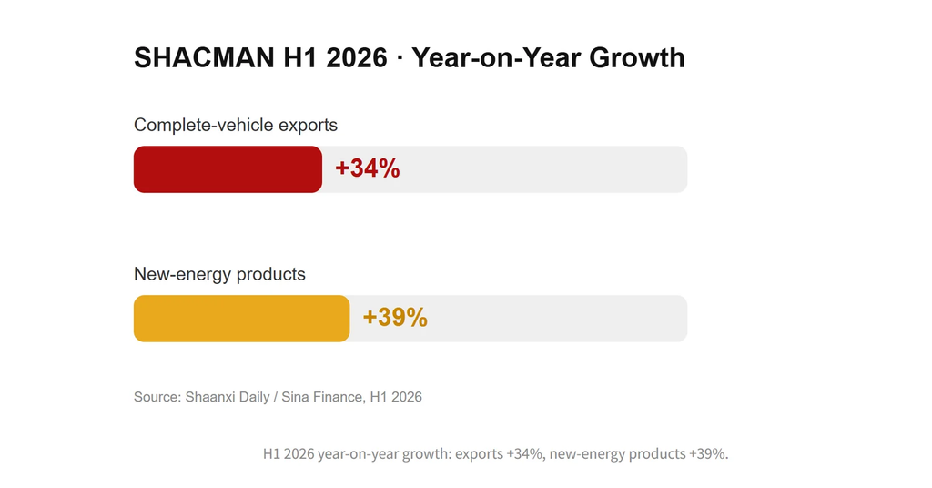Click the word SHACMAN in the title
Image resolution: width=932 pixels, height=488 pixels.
coord(205,58)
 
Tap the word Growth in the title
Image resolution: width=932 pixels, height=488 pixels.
coord(637,58)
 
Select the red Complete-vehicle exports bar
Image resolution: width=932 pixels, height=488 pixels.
coord(228,169)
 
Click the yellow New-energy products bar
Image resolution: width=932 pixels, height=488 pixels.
coord(241,319)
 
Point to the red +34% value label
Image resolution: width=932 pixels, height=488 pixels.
coord(368,168)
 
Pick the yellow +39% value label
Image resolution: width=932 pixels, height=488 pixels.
coord(395,318)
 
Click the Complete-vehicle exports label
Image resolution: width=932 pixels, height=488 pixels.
coord(236,126)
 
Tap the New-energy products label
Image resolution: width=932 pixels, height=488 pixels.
coord(219,274)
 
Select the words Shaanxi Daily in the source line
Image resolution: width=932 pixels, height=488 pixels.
coord(228,397)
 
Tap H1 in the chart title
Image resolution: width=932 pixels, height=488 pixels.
coord(300,58)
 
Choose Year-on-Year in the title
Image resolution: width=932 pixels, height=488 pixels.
coord(497,58)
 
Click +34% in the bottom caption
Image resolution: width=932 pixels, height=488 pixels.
coord(525,454)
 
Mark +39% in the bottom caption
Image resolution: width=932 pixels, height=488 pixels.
coord(708,454)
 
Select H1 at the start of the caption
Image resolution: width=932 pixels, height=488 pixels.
coord(271,454)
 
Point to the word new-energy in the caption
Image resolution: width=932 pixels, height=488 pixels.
coord(587,454)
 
